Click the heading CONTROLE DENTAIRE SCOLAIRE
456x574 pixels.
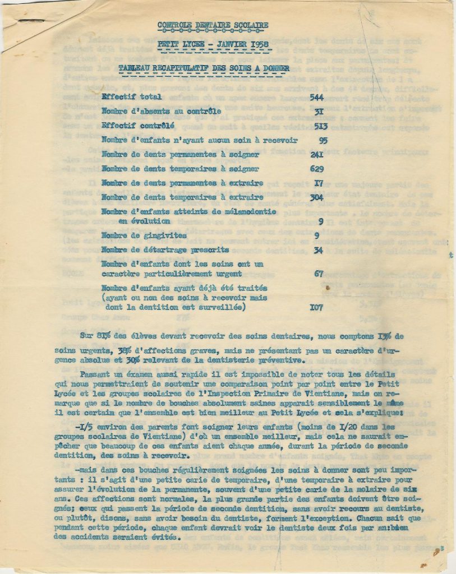pos(213,25)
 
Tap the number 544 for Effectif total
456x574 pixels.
pos(317,97)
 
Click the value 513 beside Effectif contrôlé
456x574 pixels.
pos(317,125)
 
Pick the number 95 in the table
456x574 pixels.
pos(322,140)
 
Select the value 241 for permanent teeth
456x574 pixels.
pos(317,154)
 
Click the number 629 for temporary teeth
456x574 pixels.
pos(317,168)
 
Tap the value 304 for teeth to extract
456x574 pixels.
pos(317,197)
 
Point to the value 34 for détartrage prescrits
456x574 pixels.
pos(318,250)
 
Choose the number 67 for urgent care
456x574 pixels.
pos(319,274)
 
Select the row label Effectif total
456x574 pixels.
pos(128,97)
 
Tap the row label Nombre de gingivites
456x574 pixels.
pos(136,235)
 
